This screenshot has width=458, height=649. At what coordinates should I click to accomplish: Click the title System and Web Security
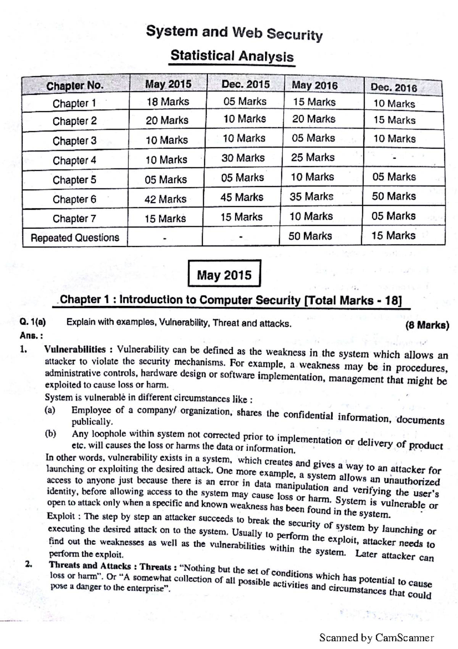pos(234,33)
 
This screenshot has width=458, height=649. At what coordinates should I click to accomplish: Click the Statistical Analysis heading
pos(232,56)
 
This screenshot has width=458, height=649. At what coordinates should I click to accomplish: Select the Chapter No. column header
pos(75,86)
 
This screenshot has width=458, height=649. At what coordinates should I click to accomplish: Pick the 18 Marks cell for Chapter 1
pos(168,102)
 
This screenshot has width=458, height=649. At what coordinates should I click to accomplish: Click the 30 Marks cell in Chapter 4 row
pos(243,158)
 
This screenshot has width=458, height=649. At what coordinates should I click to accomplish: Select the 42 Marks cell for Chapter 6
pos(165,199)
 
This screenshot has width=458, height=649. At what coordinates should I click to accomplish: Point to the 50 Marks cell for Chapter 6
pos(393,196)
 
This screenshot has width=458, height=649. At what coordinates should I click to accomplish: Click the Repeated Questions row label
pos(75,238)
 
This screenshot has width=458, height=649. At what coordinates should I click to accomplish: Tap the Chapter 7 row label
pos(74,219)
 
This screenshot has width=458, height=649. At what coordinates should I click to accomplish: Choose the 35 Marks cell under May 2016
pos(311,196)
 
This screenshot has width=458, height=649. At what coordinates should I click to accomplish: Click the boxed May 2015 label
pos(224,275)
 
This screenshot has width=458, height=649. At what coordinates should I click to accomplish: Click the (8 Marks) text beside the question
pos(427,326)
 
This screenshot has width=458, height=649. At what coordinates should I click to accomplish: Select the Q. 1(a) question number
pos(33,322)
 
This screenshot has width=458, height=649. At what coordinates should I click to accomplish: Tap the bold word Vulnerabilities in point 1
pos(75,349)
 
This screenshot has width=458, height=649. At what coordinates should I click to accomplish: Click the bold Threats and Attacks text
pos(90,565)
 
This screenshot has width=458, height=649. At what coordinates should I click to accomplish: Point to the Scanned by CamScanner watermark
pos(376,638)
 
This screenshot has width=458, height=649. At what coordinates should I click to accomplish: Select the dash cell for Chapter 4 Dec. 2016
pos(395,158)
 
